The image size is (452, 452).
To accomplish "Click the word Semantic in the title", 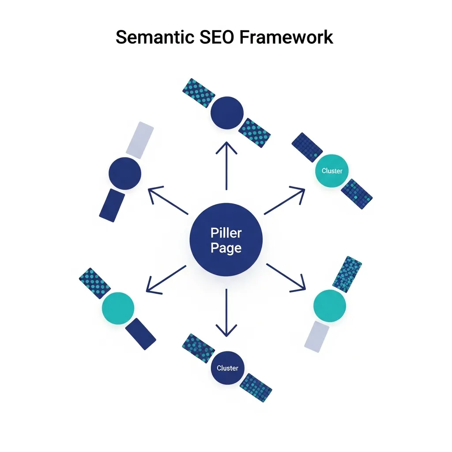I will click(x=154, y=38).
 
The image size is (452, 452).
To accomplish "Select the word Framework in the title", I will click(x=286, y=38).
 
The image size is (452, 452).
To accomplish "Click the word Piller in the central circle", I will click(x=226, y=232).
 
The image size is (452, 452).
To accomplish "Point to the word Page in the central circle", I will click(x=226, y=248).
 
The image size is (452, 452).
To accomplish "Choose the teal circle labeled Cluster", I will click(x=332, y=171).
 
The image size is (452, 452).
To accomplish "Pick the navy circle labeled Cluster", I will click(x=227, y=368).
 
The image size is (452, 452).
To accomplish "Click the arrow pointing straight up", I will click(x=226, y=166).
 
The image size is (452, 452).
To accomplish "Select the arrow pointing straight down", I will click(x=226, y=313).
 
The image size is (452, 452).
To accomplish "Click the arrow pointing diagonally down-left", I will click(x=166, y=279).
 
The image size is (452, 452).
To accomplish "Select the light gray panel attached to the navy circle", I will click(x=140, y=140).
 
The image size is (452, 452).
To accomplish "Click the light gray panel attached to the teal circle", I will click(x=317, y=336).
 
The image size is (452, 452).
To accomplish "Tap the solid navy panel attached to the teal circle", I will click(x=140, y=334).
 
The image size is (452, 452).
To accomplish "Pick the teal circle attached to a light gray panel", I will click(x=329, y=305).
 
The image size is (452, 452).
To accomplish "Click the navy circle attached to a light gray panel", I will click(x=125, y=173).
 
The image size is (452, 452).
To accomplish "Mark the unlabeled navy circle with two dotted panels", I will click(x=227, y=113).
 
